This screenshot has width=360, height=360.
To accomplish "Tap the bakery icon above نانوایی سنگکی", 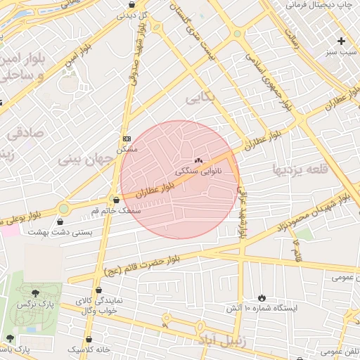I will coord(198,160).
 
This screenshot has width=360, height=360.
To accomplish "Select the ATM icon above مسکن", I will coord(126,139).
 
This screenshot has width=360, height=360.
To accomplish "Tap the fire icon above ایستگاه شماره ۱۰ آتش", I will coord(262,298).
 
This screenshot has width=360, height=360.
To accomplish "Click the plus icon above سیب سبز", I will coord(342,41).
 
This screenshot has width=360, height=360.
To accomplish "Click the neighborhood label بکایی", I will coord(200,98).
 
